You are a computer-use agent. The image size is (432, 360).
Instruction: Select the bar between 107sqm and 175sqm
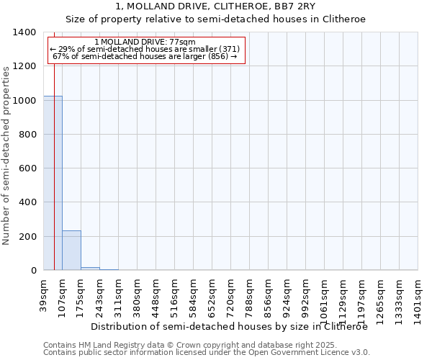tap(71, 250)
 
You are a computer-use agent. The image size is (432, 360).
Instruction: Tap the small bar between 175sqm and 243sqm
tap(90, 269)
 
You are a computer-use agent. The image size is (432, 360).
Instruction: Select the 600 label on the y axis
tap(27, 168)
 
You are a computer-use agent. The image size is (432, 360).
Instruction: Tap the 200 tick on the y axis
tap(27, 237)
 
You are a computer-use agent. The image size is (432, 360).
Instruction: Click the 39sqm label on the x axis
tap(44, 293)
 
